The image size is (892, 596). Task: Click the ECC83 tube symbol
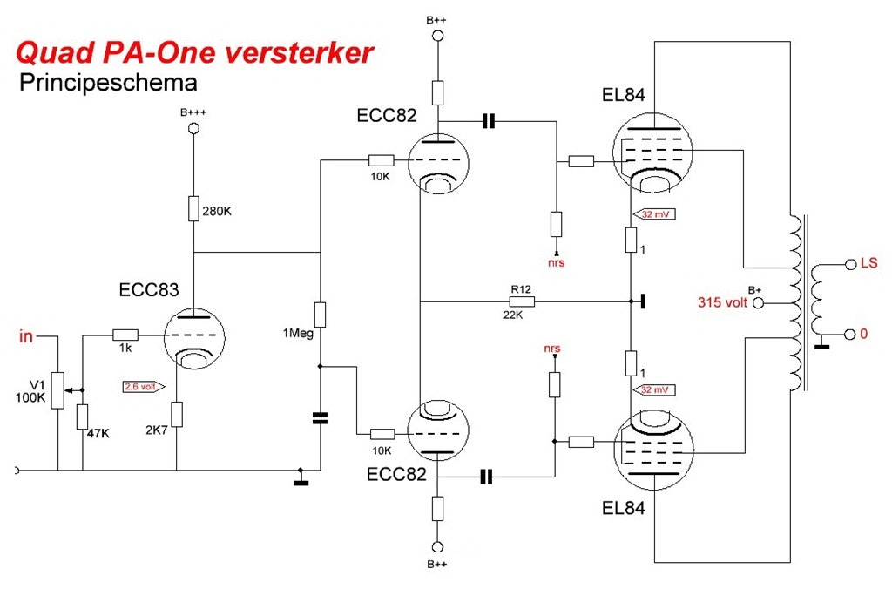point(194,338)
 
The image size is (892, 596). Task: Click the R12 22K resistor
point(522,301)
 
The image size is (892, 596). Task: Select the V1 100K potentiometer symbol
point(57,389)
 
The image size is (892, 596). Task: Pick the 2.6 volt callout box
point(140,385)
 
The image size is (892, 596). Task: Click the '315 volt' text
point(723,303)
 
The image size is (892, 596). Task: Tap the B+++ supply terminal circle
point(194,128)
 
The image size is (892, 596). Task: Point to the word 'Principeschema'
point(107,83)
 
